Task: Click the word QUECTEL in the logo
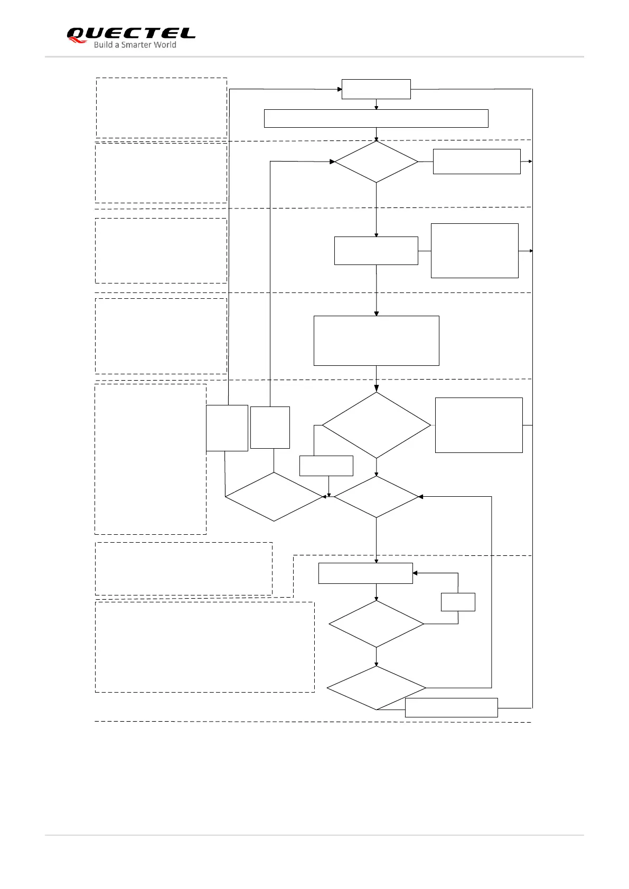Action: click(x=131, y=33)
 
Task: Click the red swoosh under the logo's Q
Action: click(x=77, y=41)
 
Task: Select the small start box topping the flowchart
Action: click(x=376, y=89)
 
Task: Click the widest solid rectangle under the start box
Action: click(x=376, y=119)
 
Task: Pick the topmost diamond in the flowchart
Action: click(x=376, y=162)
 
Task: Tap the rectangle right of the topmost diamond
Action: click(x=476, y=162)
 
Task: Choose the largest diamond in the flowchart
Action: click(x=376, y=425)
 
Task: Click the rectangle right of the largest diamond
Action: click(x=478, y=425)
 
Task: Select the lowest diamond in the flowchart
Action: click(x=376, y=687)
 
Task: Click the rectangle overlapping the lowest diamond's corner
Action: click(x=451, y=707)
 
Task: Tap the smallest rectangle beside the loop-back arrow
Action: click(x=458, y=602)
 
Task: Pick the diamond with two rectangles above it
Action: click(x=274, y=497)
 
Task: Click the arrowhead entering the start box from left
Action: click(x=339, y=89)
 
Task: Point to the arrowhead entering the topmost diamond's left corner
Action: click(x=332, y=162)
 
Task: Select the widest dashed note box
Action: click(x=205, y=647)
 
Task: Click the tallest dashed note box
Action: click(x=151, y=459)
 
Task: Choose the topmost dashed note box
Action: click(x=162, y=108)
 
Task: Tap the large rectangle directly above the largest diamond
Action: click(x=376, y=341)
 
